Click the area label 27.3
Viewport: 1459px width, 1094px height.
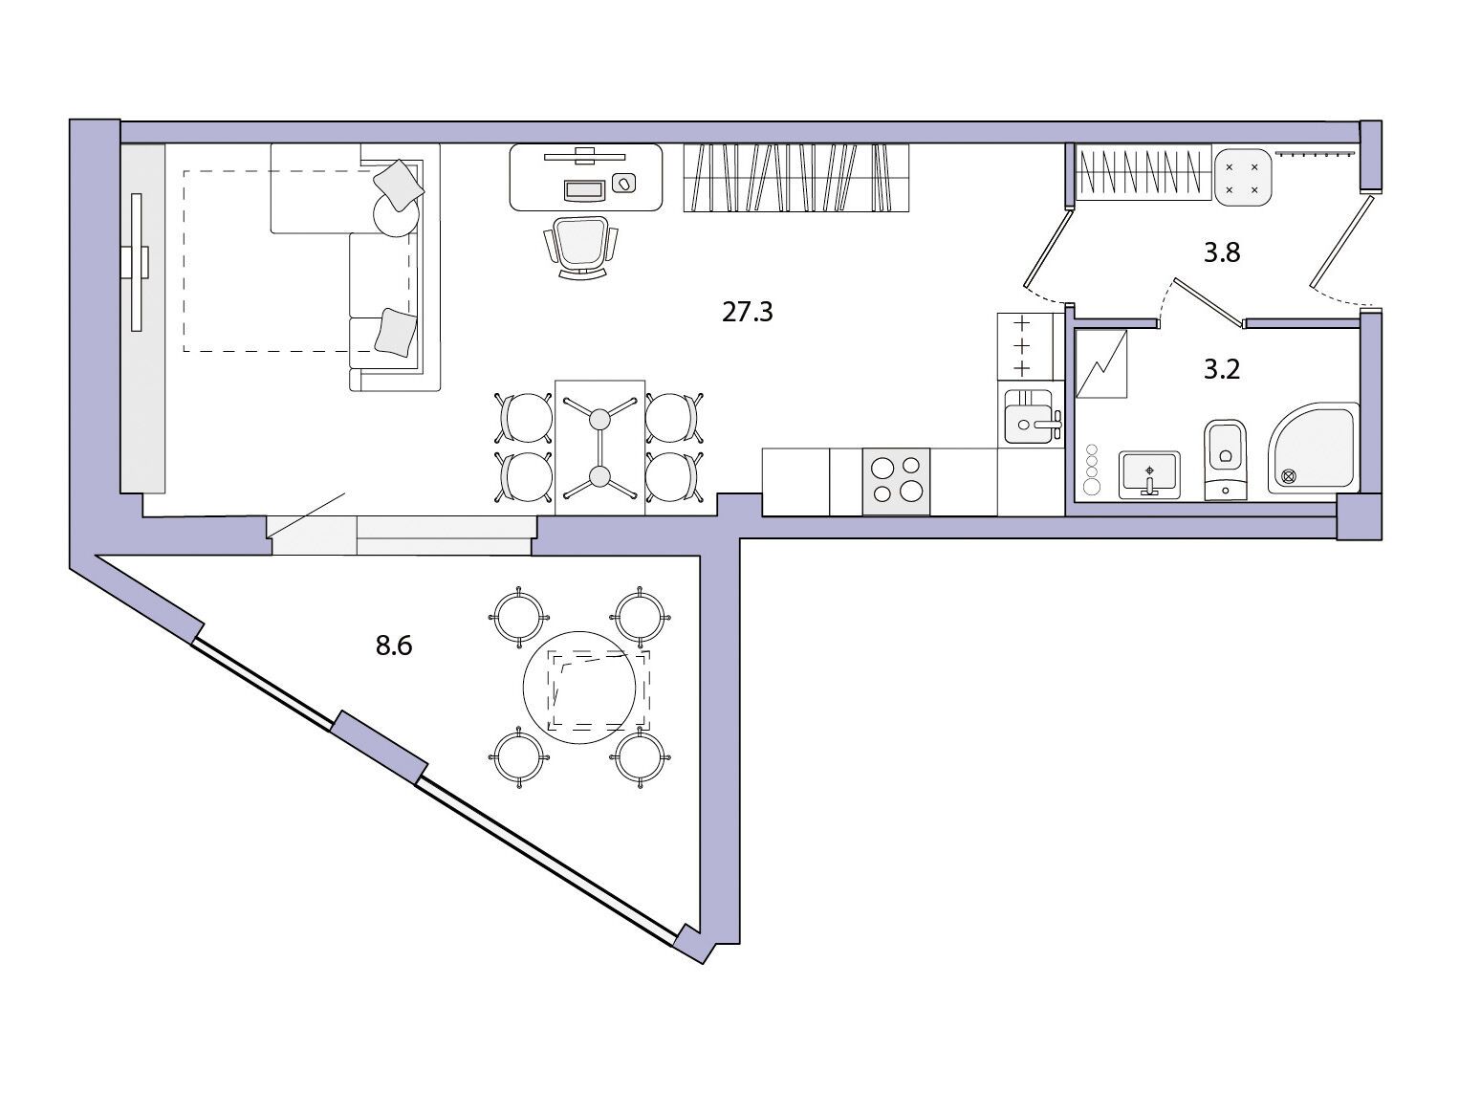point(747,311)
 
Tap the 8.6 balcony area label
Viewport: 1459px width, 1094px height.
point(394,645)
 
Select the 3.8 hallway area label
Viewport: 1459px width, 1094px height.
point(1222,252)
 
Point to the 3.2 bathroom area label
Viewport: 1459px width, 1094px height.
point(1222,369)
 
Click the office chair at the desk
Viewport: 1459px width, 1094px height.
point(581,248)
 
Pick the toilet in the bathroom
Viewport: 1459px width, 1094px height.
point(1225,460)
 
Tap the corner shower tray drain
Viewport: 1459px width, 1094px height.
point(1289,476)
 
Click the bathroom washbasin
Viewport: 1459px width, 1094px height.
point(1149,474)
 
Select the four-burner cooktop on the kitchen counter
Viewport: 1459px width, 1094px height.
point(896,481)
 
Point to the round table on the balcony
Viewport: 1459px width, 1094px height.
point(579,688)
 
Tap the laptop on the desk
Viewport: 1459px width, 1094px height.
point(583,189)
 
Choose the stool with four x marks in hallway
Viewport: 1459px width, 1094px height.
point(1242,177)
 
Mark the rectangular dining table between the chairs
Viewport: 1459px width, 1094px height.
point(599,448)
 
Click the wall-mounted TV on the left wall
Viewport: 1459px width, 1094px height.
point(137,262)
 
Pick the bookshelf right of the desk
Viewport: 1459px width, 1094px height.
point(795,178)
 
